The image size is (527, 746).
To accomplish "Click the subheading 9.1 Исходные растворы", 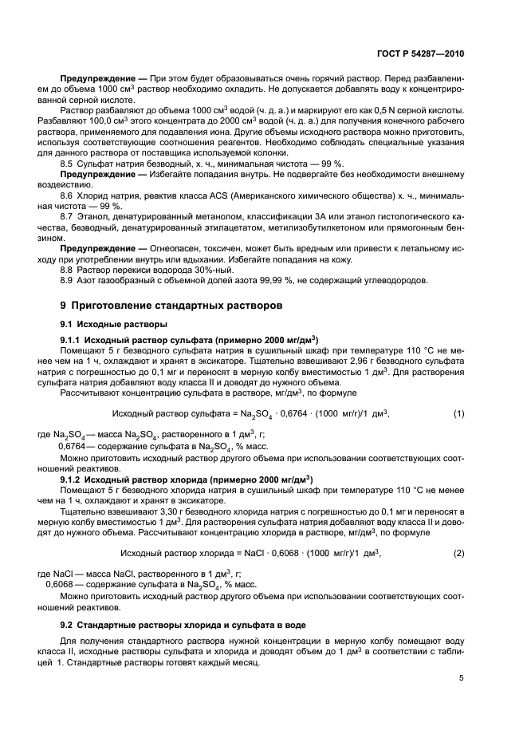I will pyautogui.click(x=114, y=324).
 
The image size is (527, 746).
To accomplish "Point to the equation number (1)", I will pyautogui.click(x=458, y=412).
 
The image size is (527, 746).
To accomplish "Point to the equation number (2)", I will pyautogui.click(x=458, y=553).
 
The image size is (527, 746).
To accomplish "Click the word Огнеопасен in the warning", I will pyautogui.click(x=159, y=248).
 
